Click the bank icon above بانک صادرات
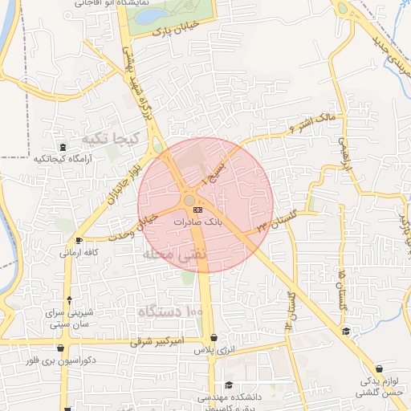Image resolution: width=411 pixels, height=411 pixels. pyautogui.click(x=197, y=210)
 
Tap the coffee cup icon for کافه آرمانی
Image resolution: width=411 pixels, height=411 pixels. pyautogui.click(x=78, y=241)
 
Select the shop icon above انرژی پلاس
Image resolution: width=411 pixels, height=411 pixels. pyautogui.click(x=213, y=339)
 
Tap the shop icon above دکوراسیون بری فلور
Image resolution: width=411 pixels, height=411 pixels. pyautogui.click(x=62, y=348)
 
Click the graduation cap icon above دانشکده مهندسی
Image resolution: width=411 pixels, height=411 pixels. pyautogui.click(x=229, y=385)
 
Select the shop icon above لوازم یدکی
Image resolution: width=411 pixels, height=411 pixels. pyautogui.click(x=345, y=331)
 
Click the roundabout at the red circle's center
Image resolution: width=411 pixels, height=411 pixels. pyautogui.click(x=190, y=201)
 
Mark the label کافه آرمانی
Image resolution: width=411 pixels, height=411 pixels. pyautogui.click(x=79, y=252)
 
